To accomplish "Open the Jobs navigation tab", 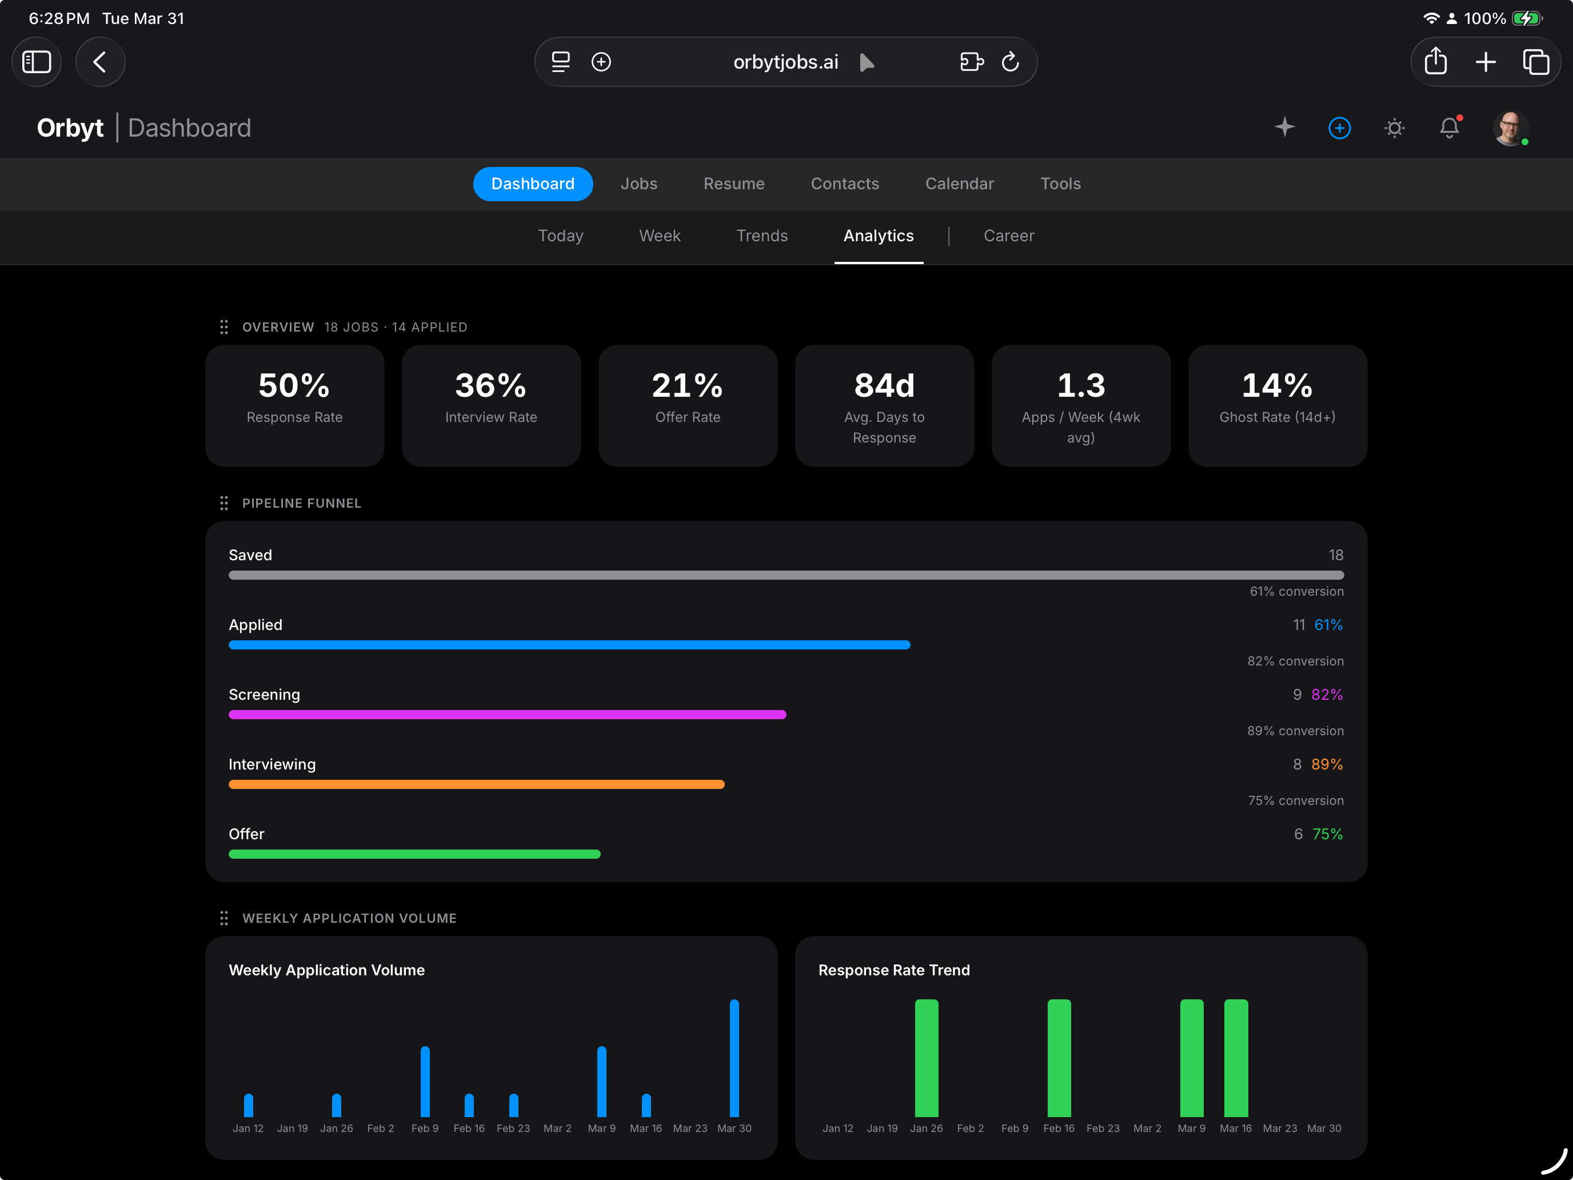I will click(638, 184).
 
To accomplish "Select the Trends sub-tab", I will click(761, 236).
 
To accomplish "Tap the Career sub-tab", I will click(1008, 236).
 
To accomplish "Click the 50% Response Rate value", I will click(294, 385).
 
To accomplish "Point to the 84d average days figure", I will click(884, 385).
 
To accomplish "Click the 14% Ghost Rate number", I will click(1277, 385).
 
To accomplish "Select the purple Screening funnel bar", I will click(507, 714).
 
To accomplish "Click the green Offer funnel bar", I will click(414, 854).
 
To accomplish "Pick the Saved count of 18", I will click(1335, 555).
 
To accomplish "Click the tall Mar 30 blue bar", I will click(734, 1058).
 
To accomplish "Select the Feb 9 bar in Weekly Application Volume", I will click(425, 1081).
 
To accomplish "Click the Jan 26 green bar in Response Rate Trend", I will click(926, 1058).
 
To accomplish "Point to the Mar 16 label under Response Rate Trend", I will click(1235, 1128).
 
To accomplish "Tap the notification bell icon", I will click(1448, 128).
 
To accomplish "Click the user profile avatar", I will click(1509, 128).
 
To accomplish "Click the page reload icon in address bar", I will click(1010, 62).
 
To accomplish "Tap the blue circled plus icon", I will click(1339, 128).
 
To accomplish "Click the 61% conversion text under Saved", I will click(1296, 591).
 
